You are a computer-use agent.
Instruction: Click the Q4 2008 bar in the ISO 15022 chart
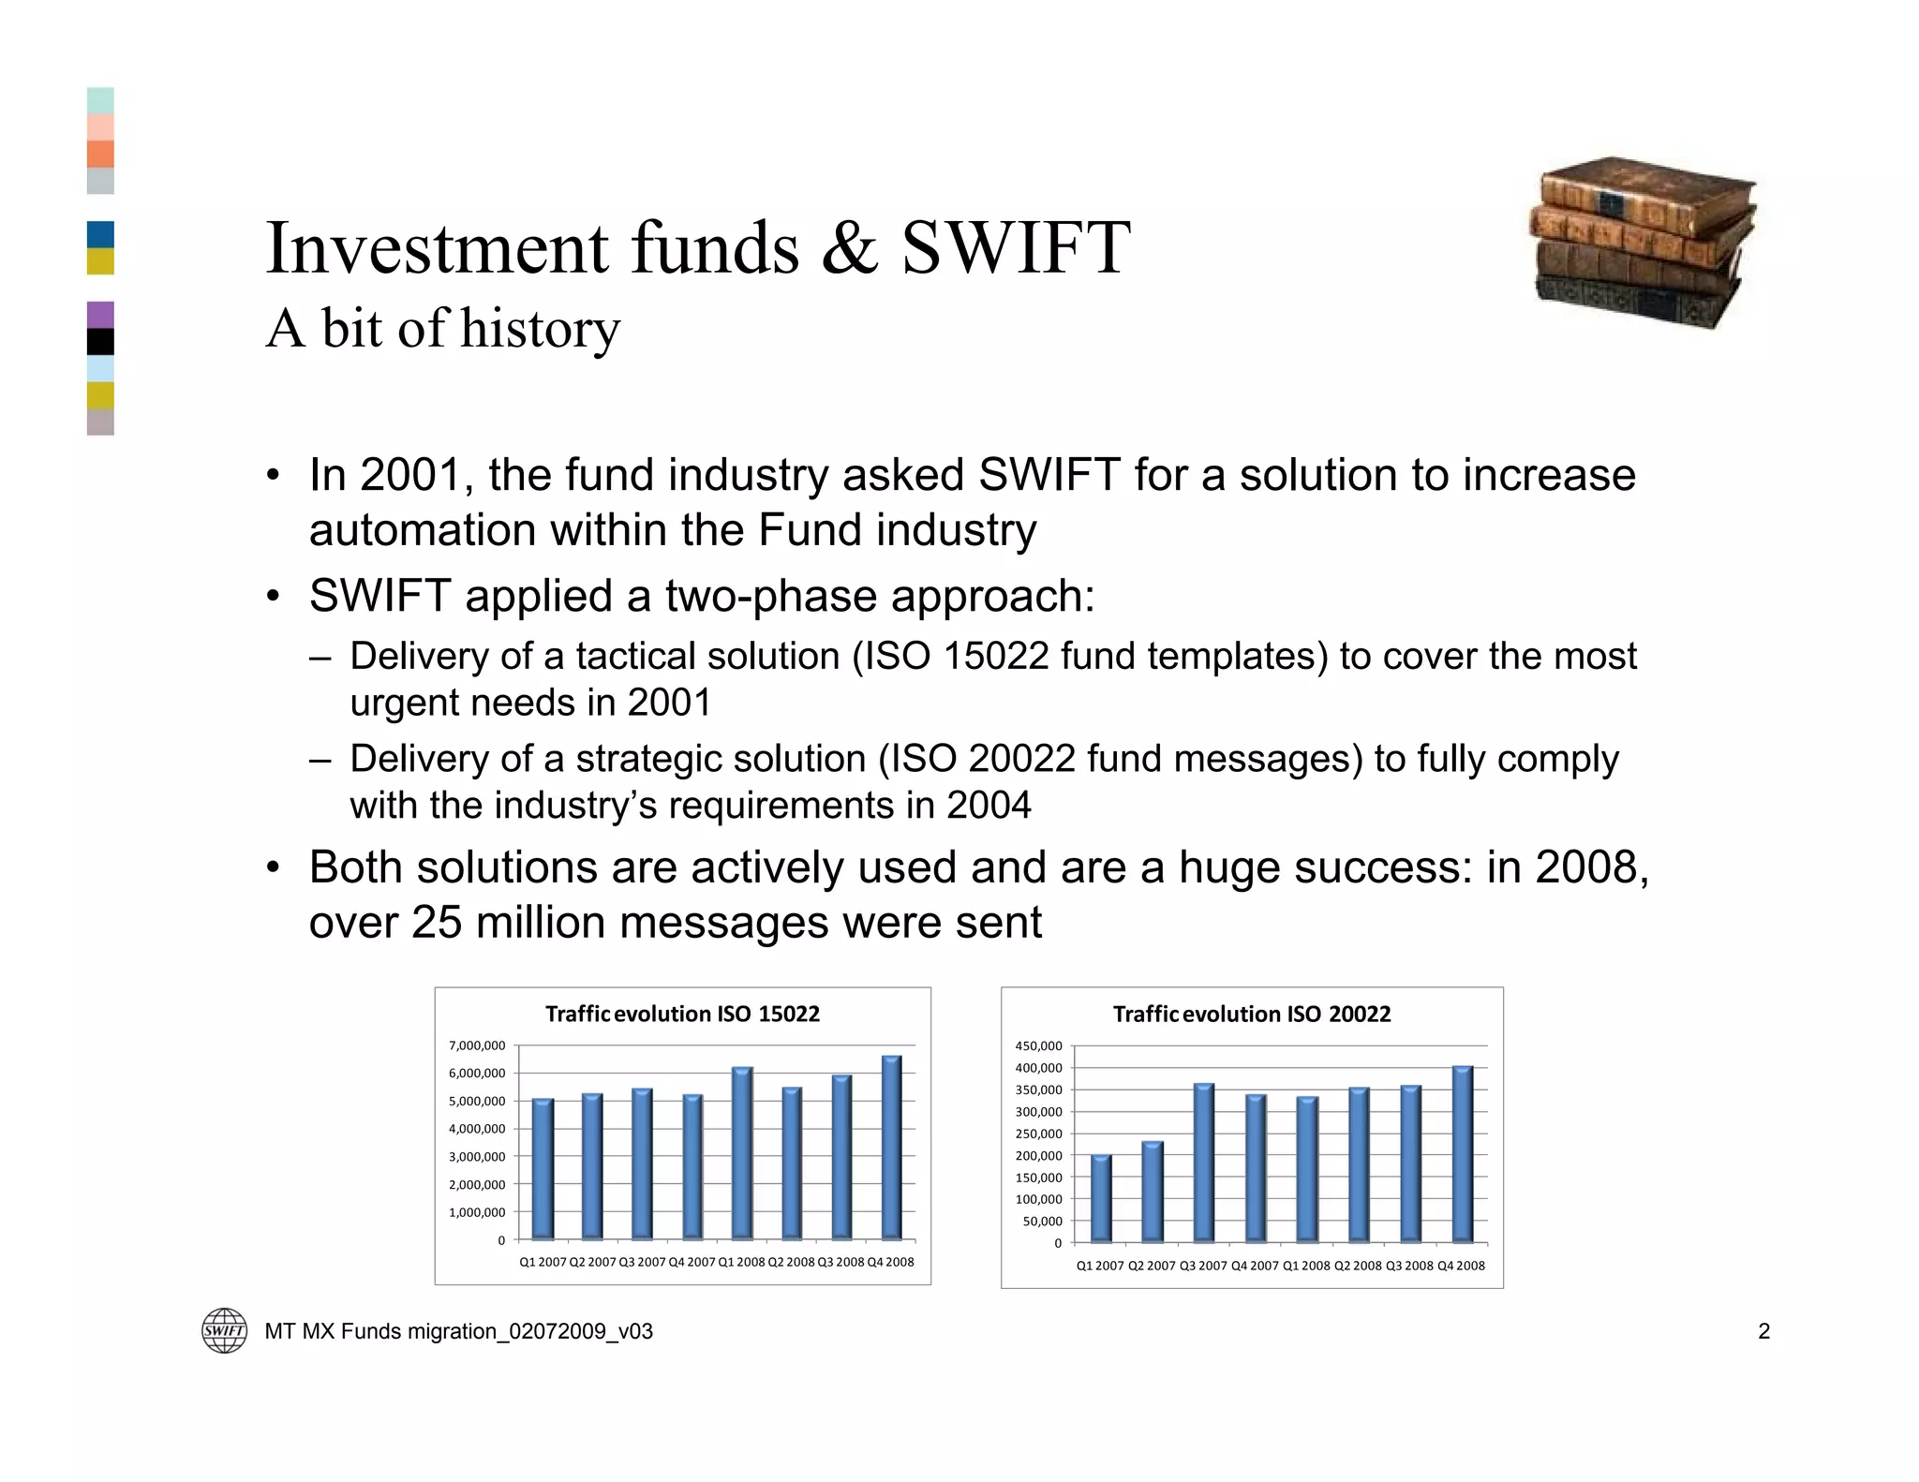pos(891,1148)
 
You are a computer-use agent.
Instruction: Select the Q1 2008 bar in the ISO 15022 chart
pos(741,1153)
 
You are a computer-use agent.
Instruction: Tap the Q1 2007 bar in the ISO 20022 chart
pos(1101,1199)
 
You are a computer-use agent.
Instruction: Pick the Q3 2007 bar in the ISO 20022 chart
pos(1204,1163)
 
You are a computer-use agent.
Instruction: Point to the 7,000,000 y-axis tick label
pos(477,1045)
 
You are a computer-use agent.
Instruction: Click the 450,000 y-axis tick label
pos(1038,1045)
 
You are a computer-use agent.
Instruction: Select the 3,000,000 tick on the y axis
pos(477,1157)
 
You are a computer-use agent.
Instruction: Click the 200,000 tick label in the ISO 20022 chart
pos(1038,1156)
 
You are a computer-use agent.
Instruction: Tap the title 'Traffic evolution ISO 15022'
pos(682,1014)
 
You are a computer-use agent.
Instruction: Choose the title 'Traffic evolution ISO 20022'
pos(1251,1014)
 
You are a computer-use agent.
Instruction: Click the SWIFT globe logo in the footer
pos(225,1330)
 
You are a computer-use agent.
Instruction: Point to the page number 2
pos(1763,1331)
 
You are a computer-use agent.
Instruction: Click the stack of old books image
pos(1644,244)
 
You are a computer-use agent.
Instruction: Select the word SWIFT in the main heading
pos(1016,248)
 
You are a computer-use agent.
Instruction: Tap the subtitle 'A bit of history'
pos(442,329)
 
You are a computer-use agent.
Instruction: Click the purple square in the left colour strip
pos(100,315)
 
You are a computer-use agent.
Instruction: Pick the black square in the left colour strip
pos(100,342)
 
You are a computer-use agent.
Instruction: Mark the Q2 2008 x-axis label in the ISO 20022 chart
pos(1358,1266)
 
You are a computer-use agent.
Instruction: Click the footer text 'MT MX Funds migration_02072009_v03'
pos(458,1331)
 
